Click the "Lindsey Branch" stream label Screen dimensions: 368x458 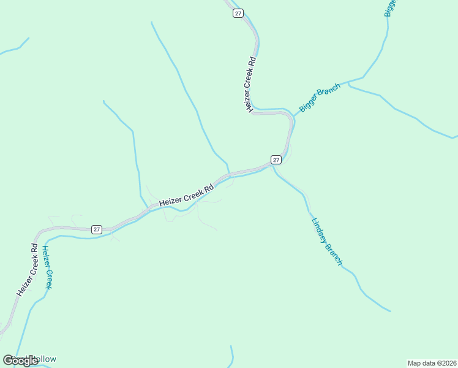tap(326, 242)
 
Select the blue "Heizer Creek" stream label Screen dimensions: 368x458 tap(47, 267)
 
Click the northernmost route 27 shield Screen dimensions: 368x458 tap(238, 13)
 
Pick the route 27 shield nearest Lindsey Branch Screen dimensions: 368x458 tap(276, 159)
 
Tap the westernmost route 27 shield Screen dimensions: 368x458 tap(97, 229)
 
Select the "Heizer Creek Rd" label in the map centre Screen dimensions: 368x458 tap(186, 194)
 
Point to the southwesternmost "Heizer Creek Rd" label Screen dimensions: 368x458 tap(28, 269)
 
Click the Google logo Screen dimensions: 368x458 tap(20, 360)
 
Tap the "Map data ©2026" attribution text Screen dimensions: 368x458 tap(431, 362)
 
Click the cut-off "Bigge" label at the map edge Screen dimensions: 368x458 tap(391, 12)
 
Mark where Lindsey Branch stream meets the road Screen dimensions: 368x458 tap(272, 167)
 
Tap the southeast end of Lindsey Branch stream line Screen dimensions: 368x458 tap(389, 311)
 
